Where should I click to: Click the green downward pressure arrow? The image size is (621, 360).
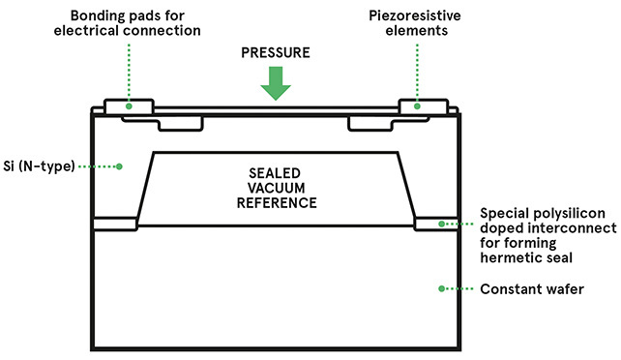[x=276, y=83]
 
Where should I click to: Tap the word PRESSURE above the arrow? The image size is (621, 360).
[x=276, y=52]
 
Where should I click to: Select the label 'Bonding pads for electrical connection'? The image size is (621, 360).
[x=127, y=23]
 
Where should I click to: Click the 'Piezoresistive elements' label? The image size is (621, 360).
[x=415, y=23]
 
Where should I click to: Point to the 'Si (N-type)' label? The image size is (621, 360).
[x=39, y=165]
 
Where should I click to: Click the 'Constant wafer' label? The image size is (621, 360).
[x=532, y=289]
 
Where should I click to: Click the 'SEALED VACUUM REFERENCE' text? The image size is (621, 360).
[x=277, y=188]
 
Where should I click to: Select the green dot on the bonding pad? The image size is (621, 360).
[x=129, y=106]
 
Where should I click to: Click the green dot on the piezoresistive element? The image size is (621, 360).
[x=417, y=106]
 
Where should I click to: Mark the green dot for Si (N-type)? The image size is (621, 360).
[x=119, y=166]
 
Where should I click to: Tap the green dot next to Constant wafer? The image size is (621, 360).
[x=441, y=288]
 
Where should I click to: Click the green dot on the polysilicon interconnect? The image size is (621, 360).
[x=441, y=225]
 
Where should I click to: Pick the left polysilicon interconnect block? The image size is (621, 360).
[x=115, y=224]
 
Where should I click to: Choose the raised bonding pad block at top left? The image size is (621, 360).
[x=129, y=106]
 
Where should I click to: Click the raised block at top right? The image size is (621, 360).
[x=424, y=106]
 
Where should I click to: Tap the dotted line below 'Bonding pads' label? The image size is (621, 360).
[x=129, y=73]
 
